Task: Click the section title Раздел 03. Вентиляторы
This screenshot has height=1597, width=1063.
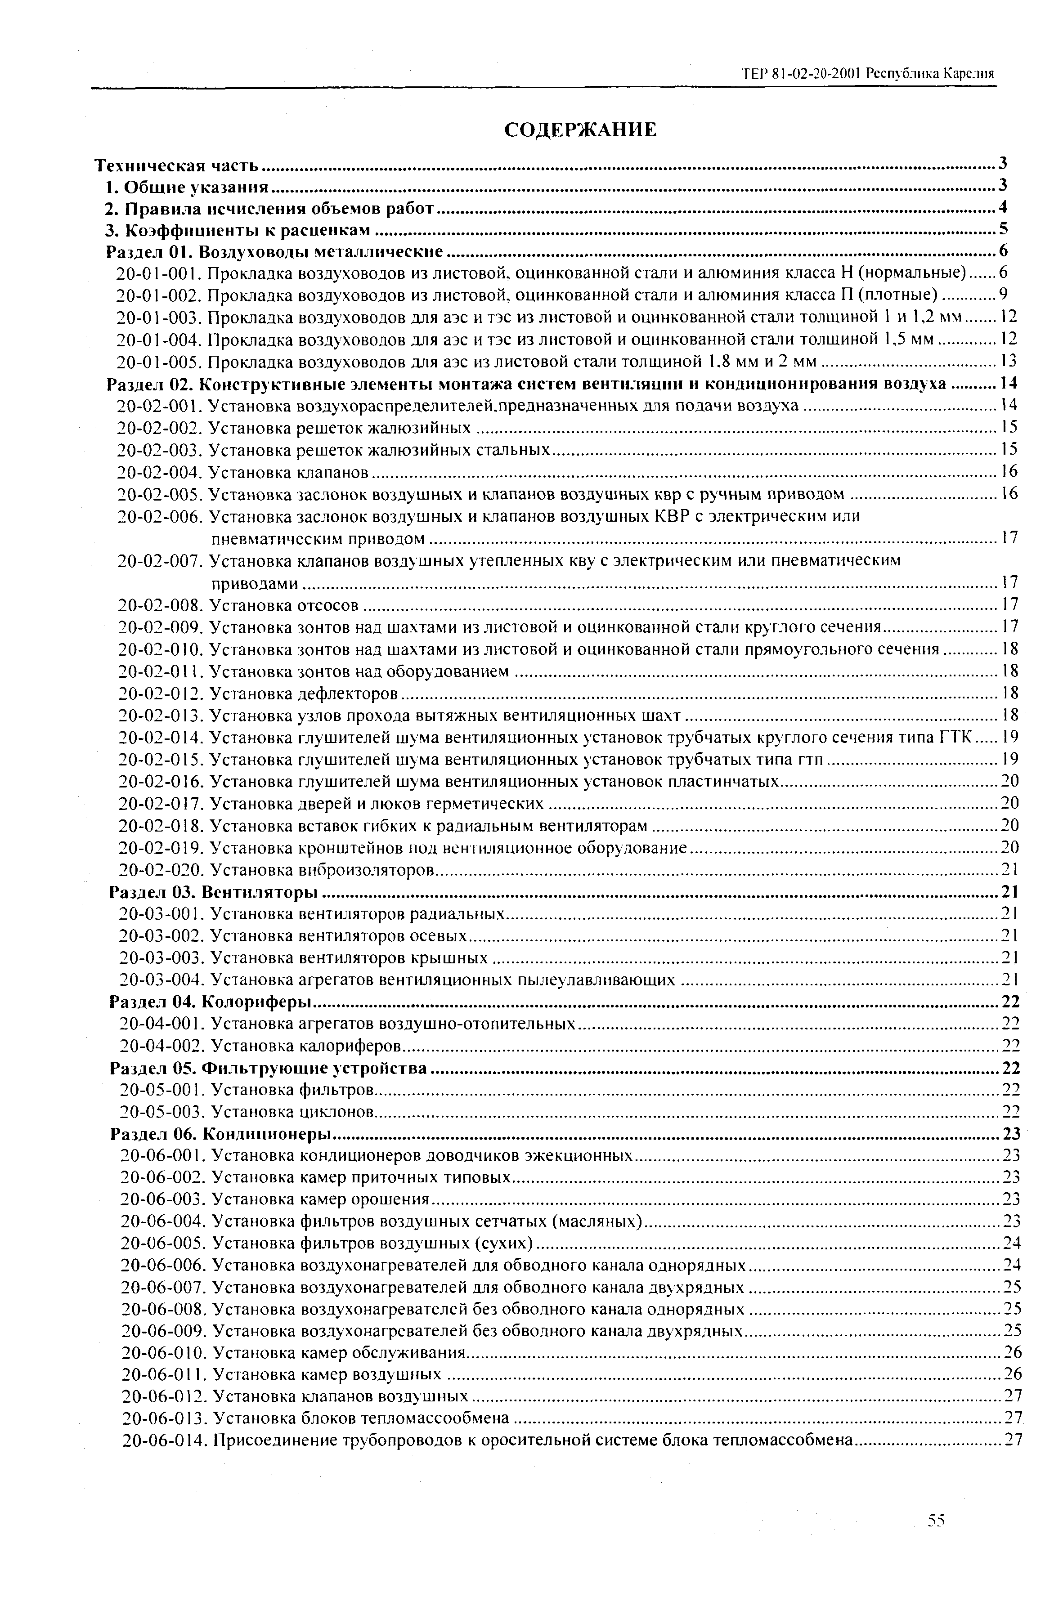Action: (214, 892)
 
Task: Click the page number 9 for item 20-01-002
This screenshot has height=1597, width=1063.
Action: (1003, 295)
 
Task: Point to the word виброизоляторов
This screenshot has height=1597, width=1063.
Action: (367, 869)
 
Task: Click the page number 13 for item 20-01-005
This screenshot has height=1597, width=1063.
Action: (1009, 360)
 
